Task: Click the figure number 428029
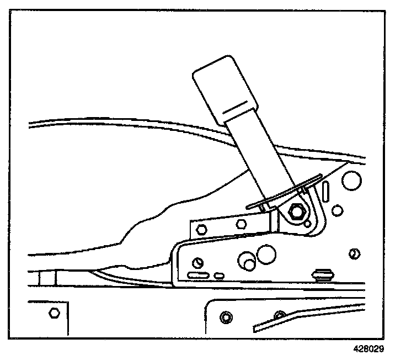click(x=369, y=349)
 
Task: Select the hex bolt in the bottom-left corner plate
click(x=54, y=313)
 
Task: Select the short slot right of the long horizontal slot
click(x=219, y=274)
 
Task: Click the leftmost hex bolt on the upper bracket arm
click(x=200, y=227)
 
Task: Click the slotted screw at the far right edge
click(x=355, y=253)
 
